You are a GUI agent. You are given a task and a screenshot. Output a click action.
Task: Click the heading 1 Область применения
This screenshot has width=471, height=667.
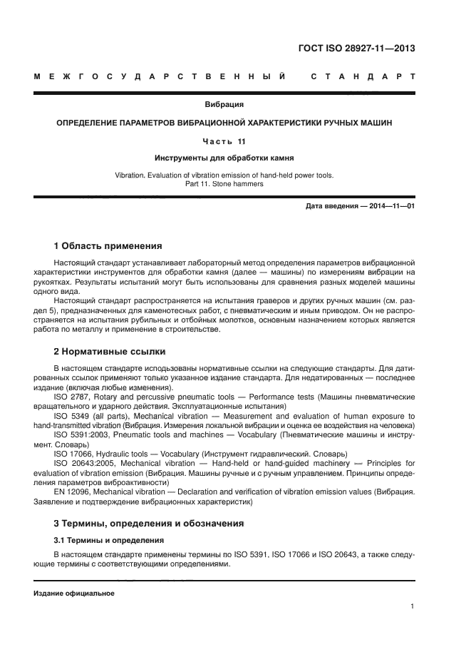108,245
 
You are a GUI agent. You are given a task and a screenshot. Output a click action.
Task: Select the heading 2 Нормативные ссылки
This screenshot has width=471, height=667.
110,351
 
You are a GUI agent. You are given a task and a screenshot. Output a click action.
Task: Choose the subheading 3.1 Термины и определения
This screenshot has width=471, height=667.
109,540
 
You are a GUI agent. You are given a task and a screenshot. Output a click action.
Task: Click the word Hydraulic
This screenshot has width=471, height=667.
110,454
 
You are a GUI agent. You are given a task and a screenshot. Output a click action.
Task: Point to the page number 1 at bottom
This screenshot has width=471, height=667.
413,606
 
